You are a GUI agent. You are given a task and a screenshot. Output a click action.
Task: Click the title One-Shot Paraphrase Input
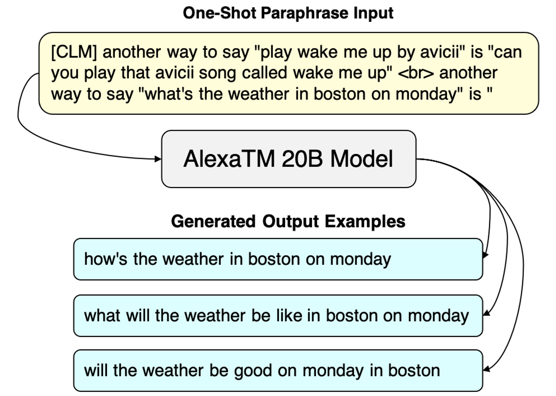click(288, 13)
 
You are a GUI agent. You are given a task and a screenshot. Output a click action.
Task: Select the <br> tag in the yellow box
click(416, 73)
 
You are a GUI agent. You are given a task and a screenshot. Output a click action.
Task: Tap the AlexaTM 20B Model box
click(289, 159)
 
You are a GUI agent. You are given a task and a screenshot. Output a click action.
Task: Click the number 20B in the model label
click(302, 159)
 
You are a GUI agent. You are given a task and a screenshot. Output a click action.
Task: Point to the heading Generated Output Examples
click(288, 222)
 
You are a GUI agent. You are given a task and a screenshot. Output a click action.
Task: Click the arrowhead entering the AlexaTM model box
click(158, 159)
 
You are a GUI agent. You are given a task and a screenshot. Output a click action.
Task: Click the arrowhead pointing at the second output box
click(486, 313)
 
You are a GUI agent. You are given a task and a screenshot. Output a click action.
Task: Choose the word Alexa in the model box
click(212, 159)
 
